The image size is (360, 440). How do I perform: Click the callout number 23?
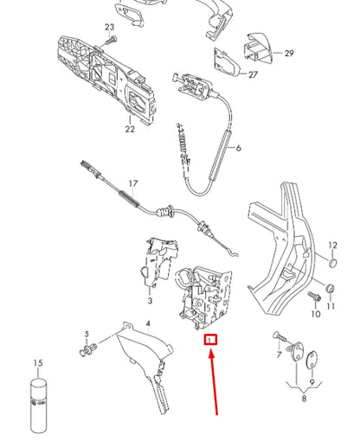tap(109, 28)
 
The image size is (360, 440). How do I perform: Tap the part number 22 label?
tap(129, 130)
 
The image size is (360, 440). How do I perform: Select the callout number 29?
tap(289, 54)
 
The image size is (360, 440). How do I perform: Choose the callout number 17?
tap(132, 183)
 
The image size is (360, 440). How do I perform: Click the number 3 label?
tap(149, 302)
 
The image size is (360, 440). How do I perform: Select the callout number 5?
tap(87, 334)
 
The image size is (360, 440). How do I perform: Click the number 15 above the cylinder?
tap(37, 363)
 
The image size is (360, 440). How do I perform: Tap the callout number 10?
tap(315, 315)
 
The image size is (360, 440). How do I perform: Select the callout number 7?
tap(279, 354)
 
